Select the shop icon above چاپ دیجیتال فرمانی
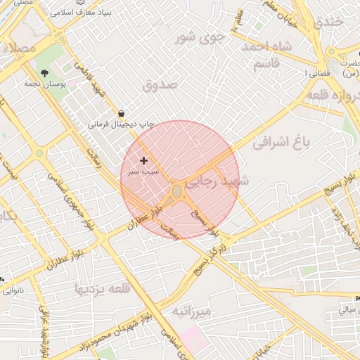pyautogui.click(x=121, y=113)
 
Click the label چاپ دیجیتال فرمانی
pyautogui.click(x=120, y=124)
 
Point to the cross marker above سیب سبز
pyautogui.click(x=144, y=161)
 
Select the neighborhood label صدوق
pyautogui.click(x=161, y=85)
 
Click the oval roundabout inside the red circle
pyautogui.click(x=176, y=191)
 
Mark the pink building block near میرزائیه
pyautogui.click(x=190, y=337)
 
